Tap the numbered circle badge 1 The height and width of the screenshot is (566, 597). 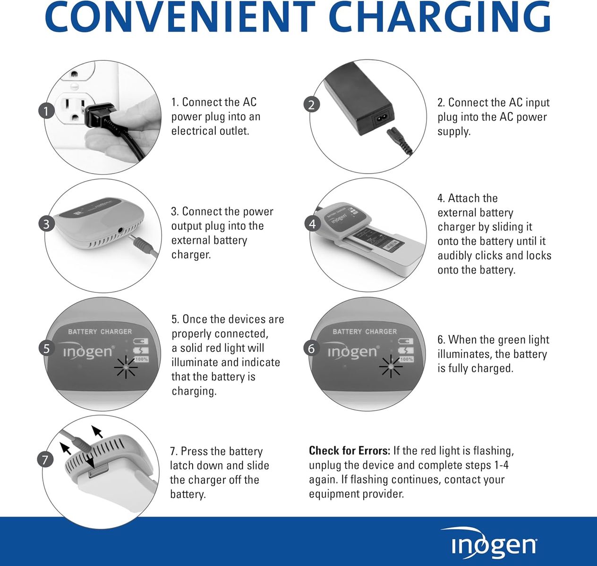click(46, 111)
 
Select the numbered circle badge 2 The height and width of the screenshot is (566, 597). click(312, 105)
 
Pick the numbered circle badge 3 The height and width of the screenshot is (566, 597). click(46, 224)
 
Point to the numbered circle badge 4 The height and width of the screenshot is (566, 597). click(312, 224)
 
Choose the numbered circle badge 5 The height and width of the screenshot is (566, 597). click(46, 349)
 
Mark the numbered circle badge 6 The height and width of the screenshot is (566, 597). click(312, 349)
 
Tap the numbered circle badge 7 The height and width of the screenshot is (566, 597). click(45, 459)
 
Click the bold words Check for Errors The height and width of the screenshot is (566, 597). click(350, 451)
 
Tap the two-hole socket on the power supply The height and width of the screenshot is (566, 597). click(381, 118)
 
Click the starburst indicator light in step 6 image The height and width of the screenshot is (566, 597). click(391, 366)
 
